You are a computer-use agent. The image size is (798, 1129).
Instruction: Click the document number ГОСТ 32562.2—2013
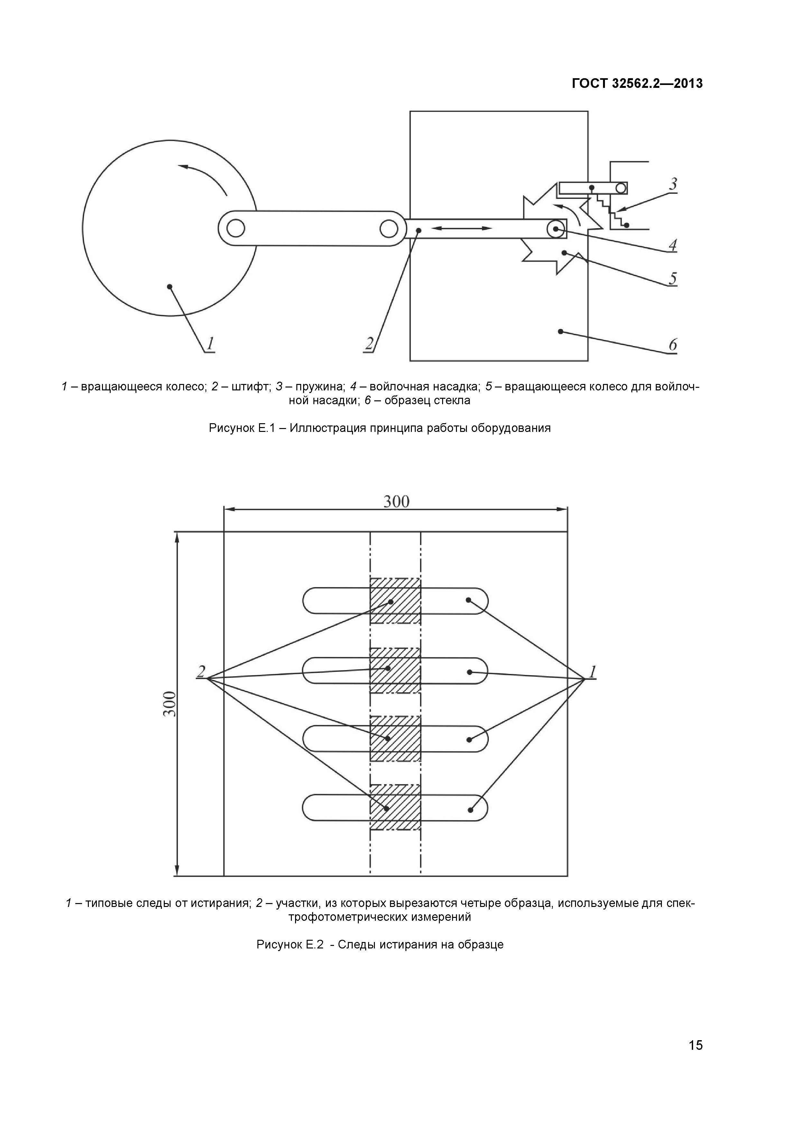(x=637, y=84)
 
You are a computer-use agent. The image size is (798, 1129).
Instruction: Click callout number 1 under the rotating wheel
(x=210, y=343)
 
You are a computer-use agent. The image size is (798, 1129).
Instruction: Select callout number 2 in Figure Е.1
(x=369, y=343)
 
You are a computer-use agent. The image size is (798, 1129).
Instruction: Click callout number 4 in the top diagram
(x=673, y=244)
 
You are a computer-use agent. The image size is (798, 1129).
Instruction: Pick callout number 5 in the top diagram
(x=673, y=279)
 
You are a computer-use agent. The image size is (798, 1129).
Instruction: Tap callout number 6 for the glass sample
(x=673, y=344)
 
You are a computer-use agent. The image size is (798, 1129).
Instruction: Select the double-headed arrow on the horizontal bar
(x=462, y=228)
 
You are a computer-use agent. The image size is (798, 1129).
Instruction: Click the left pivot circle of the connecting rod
(x=236, y=228)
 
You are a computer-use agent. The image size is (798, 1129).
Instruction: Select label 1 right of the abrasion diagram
(x=592, y=671)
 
